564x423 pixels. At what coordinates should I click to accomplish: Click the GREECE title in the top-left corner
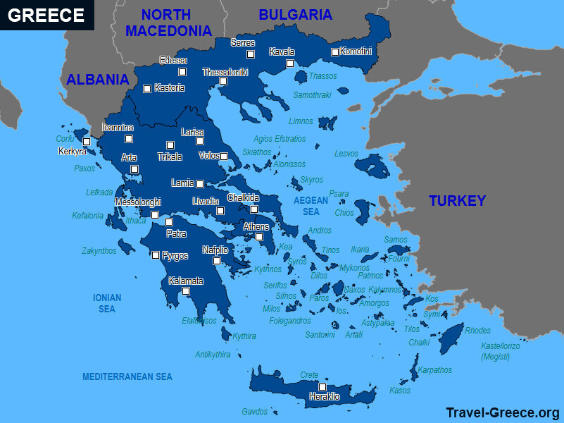[x=46, y=16]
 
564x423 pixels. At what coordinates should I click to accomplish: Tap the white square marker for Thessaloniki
[x=223, y=81]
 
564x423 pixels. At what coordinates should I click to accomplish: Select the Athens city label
[x=256, y=227]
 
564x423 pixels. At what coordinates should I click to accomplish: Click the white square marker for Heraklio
[x=322, y=386]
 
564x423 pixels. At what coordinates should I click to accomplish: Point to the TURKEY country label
[x=457, y=201]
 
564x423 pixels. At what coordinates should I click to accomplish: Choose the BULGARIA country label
[x=295, y=14]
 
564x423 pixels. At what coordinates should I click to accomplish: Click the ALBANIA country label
[x=97, y=80]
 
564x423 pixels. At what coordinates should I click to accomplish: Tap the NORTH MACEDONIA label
[x=169, y=22]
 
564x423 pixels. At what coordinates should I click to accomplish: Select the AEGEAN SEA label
[x=311, y=206]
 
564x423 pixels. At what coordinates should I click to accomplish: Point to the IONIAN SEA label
[x=107, y=303]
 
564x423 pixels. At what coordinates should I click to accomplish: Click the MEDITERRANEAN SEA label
[x=127, y=377]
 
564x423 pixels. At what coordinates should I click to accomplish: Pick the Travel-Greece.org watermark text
[x=503, y=412]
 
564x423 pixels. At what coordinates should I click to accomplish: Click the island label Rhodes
[x=477, y=331]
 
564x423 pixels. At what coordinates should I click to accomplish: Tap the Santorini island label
[x=320, y=335]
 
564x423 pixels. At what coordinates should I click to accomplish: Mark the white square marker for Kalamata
[x=186, y=291]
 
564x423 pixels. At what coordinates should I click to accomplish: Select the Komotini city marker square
[x=335, y=51]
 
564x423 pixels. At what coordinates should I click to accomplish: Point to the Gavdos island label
[x=254, y=412]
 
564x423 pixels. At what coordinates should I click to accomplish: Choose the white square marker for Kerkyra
[x=86, y=142]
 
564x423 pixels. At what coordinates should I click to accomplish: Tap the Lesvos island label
[x=346, y=153]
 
